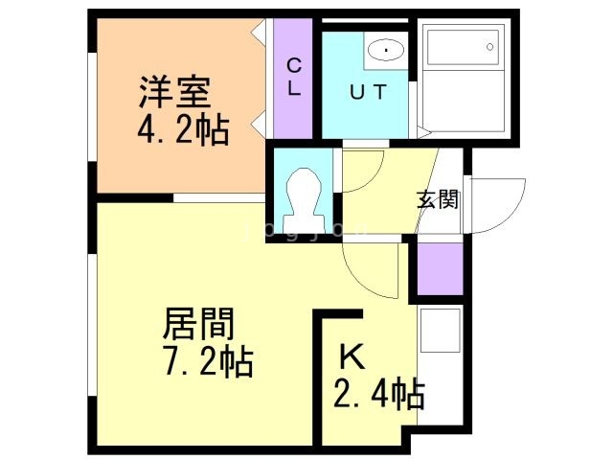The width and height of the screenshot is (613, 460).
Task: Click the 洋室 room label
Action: pyautogui.click(x=174, y=92)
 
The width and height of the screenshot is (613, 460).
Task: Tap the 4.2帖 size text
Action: pyautogui.click(x=183, y=130)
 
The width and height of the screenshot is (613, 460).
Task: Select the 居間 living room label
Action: pyautogui.click(x=199, y=324)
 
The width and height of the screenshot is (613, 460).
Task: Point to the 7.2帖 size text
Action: pyautogui.click(x=208, y=362)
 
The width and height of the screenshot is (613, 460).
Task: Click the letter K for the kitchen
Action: pyautogui.click(x=352, y=356)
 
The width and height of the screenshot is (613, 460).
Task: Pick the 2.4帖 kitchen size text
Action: pyautogui.click(x=379, y=394)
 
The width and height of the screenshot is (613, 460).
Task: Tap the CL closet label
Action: pyautogui.click(x=294, y=77)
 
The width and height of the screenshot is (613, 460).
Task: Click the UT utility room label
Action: pyautogui.click(x=368, y=92)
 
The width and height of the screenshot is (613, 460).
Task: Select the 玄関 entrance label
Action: pyautogui.click(x=437, y=199)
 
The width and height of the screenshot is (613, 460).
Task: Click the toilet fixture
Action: pyautogui.click(x=305, y=200)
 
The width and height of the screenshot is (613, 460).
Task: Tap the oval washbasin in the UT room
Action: pyautogui.click(x=386, y=50)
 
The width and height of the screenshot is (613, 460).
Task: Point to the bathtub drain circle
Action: pyautogui.click(x=489, y=47)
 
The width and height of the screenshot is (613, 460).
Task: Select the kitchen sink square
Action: pyautogui.click(x=441, y=331)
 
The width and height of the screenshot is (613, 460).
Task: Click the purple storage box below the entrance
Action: pyautogui.click(x=440, y=268)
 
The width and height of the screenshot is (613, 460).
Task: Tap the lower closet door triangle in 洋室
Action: pyautogui.click(x=259, y=125)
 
